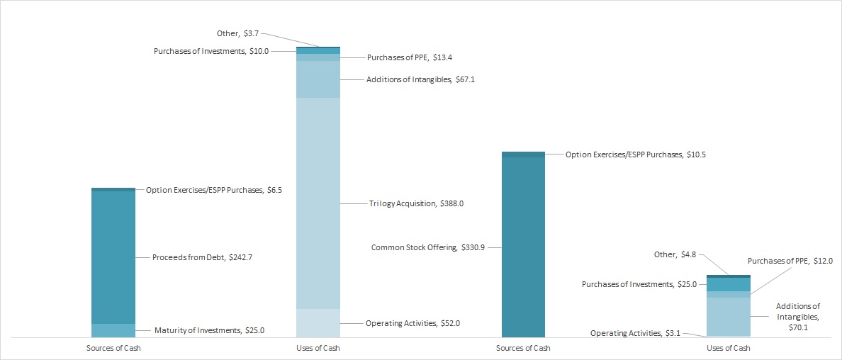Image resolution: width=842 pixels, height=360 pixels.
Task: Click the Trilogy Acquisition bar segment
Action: (x=318, y=203)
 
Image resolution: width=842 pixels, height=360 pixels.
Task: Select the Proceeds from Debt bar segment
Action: (x=113, y=257)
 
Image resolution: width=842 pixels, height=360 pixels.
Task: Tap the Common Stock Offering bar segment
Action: (x=523, y=247)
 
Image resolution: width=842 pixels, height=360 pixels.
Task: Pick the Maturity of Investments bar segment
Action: (x=113, y=330)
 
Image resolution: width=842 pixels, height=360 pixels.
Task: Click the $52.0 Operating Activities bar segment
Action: (x=318, y=323)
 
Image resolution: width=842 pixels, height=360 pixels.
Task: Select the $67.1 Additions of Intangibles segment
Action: (x=318, y=79)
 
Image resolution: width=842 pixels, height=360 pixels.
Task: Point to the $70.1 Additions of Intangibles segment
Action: (x=729, y=316)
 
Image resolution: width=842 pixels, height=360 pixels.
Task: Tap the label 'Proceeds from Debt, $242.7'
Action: (x=203, y=257)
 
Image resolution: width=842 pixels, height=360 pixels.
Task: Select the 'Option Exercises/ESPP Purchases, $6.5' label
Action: (x=214, y=190)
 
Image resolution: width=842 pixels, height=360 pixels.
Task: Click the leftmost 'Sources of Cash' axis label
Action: (x=113, y=348)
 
